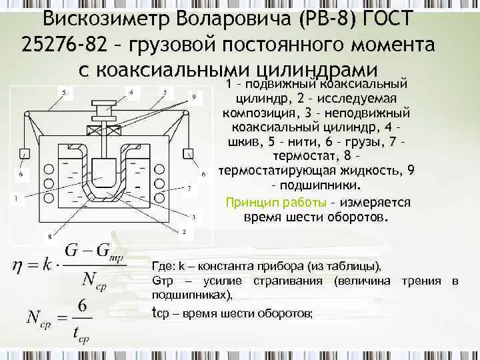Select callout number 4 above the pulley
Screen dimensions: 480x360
click(131, 91)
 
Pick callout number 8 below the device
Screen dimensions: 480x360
click(48, 236)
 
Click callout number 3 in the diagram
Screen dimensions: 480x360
click(193, 217)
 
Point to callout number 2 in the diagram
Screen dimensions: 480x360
click(184, 231)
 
